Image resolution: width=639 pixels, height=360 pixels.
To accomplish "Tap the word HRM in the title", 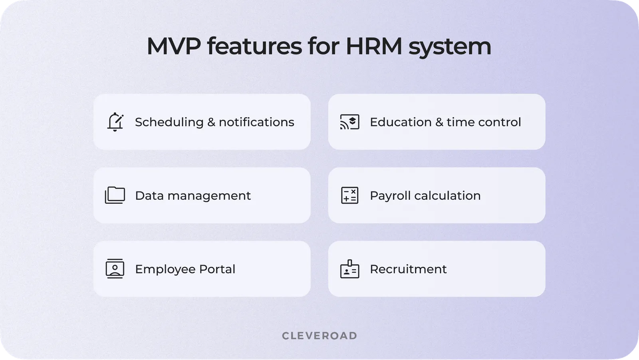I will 373,46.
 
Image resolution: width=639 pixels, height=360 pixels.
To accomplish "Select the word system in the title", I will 450,47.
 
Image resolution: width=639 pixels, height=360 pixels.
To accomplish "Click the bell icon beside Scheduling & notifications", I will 115,122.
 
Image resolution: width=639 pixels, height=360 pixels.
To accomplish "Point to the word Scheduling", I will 169,122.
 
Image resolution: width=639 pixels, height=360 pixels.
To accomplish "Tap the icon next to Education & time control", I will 349,122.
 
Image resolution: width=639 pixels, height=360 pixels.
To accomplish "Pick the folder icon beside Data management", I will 115,195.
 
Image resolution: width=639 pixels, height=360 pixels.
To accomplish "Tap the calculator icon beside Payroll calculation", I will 349,195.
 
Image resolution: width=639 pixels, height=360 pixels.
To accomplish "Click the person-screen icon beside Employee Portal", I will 115,269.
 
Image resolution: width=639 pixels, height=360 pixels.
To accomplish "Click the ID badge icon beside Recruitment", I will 349,269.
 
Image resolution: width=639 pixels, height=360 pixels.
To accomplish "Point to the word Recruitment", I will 408,269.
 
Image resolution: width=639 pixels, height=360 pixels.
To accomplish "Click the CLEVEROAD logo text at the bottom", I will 319,336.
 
